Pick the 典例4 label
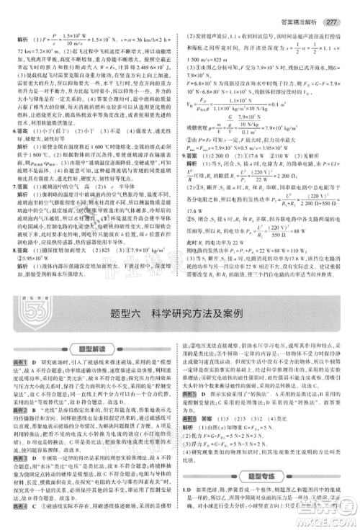[15, 505]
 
